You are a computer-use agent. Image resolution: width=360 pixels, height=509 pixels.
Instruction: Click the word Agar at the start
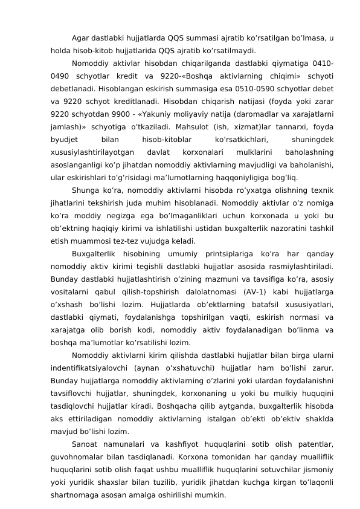(81, 39)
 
